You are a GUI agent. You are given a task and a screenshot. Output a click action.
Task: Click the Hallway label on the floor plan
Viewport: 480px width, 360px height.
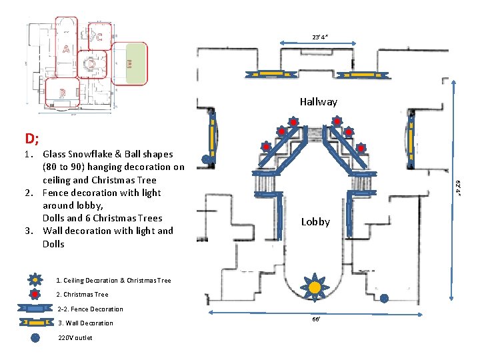pyautogui.click(x=318, y=102)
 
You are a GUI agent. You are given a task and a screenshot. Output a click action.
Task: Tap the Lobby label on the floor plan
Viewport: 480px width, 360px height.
pyautogui.click(x=315, y=222)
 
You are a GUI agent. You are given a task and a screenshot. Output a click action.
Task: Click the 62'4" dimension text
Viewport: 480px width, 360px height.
pyautogui.click(x=458, y=189)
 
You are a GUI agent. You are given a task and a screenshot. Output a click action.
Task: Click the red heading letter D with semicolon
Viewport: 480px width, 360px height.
pyautogui.click(x=32, y=139)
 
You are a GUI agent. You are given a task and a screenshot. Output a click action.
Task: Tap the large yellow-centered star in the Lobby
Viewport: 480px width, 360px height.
pyautogui.click(x=314, y=287)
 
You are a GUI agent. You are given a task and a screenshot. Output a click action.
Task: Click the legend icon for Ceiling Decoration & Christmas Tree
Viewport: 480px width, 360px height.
pyautogui.click(x=35, y=281)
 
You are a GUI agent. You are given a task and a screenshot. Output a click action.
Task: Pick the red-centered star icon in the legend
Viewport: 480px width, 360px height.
pyautogui.click(x=35, y=294)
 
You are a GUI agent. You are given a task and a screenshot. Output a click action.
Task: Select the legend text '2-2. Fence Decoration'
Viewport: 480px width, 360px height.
pyautogui.click(x=90, y=309)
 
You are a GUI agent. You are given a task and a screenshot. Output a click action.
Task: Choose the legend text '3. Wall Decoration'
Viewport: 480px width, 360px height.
pyautogui.click(x=85, y=323)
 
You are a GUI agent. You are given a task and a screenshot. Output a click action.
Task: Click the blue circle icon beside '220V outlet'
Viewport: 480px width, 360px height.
pyautogui.click(x=35, y=337)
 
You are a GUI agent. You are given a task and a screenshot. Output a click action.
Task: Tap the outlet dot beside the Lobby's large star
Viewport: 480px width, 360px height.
pyautogui.click(x=384, y=299)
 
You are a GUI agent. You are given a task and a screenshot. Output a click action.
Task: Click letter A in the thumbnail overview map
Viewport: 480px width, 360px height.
pyautogui.click(x=65, y=49)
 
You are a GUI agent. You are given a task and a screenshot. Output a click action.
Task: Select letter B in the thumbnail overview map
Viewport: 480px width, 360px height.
pyautogui.click(x=62, y=92)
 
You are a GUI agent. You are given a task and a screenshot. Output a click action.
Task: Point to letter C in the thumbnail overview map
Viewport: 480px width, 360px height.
pyautogui.click(x=99, y=37)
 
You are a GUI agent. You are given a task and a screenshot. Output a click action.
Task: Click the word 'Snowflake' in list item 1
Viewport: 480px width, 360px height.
pyautogui.click(x=91, y=155)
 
